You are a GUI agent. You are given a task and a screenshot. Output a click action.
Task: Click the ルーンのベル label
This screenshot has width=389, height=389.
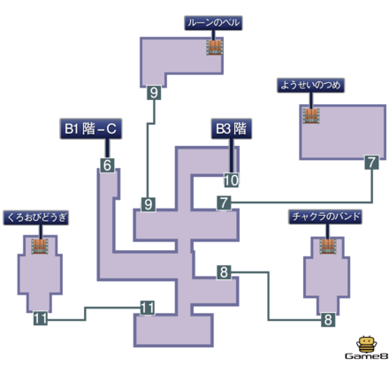click(x=213, y=23)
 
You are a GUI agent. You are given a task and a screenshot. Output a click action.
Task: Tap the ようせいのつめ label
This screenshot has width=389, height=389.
click(x=309, y=86)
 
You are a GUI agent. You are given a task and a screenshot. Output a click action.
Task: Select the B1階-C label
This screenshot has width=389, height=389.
click(x=91, y=129)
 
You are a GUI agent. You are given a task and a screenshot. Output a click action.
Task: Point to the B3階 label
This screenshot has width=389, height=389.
click(x=230, y=129)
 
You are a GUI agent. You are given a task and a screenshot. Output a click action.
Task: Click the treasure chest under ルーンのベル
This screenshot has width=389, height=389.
click(x=214, y=47)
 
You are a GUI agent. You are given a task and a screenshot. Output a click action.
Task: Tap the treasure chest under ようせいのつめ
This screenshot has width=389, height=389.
click(x=310, y=115)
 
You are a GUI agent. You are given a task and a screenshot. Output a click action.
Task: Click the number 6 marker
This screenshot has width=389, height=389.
click(x=106, y=164)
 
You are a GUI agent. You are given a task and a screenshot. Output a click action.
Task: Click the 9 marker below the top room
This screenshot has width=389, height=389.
click(x=155, y=92)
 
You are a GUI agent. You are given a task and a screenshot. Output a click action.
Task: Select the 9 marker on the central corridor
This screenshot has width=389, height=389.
click(x=148, y=204)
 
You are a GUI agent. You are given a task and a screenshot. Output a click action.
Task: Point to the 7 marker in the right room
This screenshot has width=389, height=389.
click(x=371, y=163)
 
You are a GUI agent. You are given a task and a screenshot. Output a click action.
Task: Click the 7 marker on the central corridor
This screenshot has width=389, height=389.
click(x=225, y=204)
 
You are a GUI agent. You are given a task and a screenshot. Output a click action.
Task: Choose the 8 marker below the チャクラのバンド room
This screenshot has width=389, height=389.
click(x=327, y=320)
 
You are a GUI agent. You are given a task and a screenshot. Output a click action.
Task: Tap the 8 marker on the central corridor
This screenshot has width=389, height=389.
click(x=225, y=271)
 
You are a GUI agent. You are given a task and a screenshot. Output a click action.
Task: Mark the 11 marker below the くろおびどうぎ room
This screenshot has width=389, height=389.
click(x=40, y=318)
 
